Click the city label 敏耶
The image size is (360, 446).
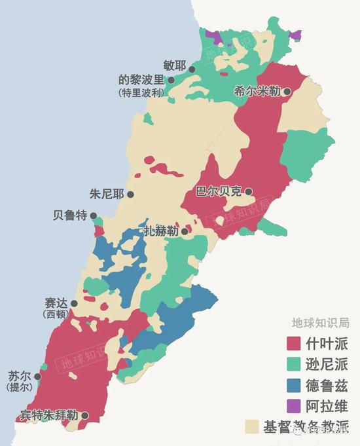(x=174, y=65)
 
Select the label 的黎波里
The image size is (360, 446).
(x=141, y=80)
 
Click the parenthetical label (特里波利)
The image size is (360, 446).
(x=141, y=93)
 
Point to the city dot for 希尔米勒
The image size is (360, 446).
(x=287, y=92)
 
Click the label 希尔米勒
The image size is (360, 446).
(x=257, y=92)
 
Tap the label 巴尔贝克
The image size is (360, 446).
(x=219, y=192)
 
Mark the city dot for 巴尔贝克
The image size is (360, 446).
(x=249, y=192)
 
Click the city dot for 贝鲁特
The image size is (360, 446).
(x=94, y=215)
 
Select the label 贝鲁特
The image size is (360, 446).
(x=69, y=215)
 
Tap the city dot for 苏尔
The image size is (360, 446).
(x=37, y=377)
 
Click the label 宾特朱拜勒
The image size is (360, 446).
(x=48, y=415)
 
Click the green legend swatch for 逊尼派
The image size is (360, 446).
(x=294, y=364)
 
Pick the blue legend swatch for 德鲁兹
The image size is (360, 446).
(x=294, y=384)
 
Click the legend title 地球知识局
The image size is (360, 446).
(x=321, y=323)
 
